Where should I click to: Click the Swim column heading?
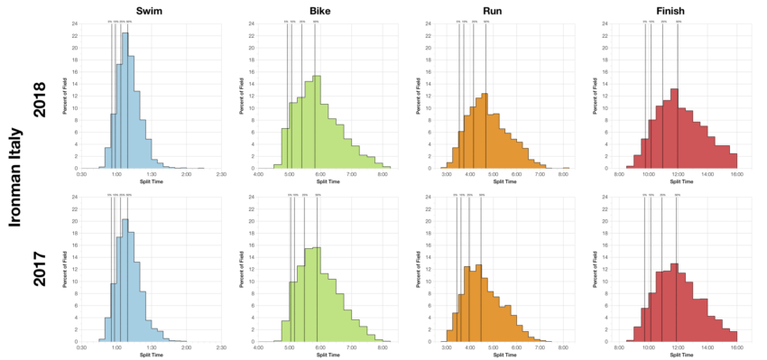tap(151, 8)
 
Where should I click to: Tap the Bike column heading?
tap(324, 8)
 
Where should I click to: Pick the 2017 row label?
tap(40, 269)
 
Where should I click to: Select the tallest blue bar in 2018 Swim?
tap(125, 101)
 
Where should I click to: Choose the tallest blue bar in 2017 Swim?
tap(125, 281)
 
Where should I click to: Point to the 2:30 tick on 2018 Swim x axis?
tap(221, 175)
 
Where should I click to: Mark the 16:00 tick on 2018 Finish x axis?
tap(736, 175)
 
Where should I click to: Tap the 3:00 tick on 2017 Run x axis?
tap(447, 348)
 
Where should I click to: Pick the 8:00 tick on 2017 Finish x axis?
tap(619, 348)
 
